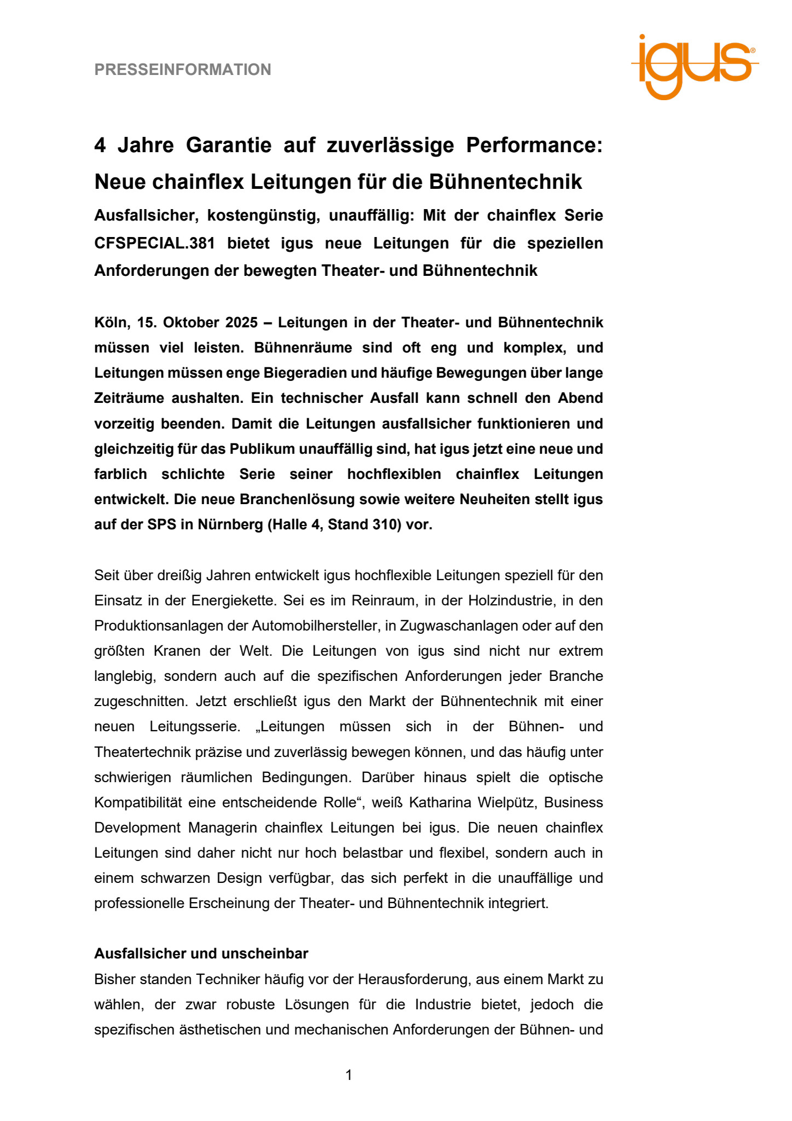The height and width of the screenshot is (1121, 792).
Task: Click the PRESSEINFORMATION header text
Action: click(183, 70)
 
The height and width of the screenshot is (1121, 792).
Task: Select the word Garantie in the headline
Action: click(229, 145)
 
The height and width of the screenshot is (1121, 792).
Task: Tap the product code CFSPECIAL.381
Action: click(154, 243)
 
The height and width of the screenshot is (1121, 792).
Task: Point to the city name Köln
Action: click(112, 322)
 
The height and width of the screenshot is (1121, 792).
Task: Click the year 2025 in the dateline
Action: click(241, 322)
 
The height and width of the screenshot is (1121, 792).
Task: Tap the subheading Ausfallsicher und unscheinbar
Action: click(201, 954)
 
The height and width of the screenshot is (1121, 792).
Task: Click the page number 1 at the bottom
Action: click(349, 1075)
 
